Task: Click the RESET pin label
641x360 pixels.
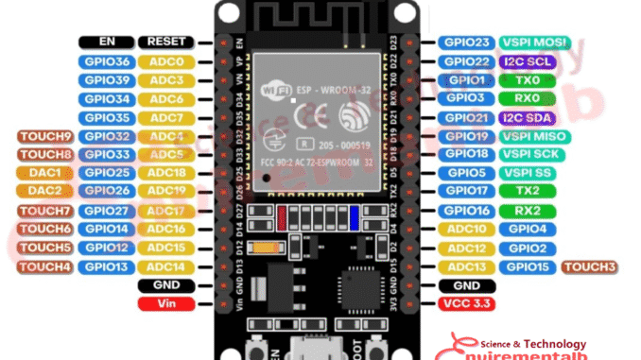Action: click(166, 43)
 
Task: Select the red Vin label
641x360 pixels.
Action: click(166, 303)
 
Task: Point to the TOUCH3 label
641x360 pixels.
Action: click(590, 266)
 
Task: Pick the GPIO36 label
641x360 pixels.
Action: click(106, 61)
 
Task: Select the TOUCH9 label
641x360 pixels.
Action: click(44, 136)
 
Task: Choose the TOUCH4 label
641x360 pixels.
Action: click(44, 266)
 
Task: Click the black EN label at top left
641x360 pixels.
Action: click(106, 43)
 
